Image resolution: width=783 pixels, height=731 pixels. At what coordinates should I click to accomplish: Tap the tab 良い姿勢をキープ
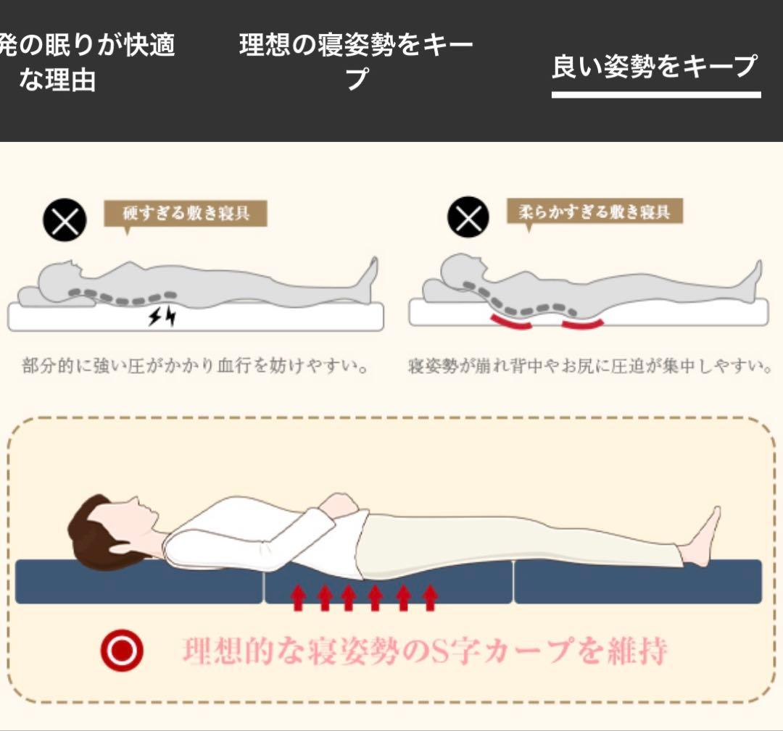pos(655,67)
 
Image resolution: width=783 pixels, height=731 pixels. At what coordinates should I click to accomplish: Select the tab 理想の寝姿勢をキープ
pos(356,60)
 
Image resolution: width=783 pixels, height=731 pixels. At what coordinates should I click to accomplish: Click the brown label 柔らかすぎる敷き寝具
pos(594,212)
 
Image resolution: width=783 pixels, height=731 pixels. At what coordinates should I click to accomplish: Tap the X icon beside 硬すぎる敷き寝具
pos(65,220)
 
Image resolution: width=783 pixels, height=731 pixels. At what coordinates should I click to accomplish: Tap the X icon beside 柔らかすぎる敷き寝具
pos(468,217)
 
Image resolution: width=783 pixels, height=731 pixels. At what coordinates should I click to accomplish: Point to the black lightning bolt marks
pos(162,316)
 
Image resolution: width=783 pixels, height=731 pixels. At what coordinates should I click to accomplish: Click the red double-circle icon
pos(122,650)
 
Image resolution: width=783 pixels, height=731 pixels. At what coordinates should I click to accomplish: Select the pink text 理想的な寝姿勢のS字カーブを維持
pos(424,651)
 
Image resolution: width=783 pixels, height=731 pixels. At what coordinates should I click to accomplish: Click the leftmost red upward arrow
pos(297,598)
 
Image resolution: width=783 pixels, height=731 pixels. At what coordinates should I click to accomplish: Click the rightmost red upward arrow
pos(430,598)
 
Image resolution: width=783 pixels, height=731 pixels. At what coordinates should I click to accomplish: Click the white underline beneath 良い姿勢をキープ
pos(656,94)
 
